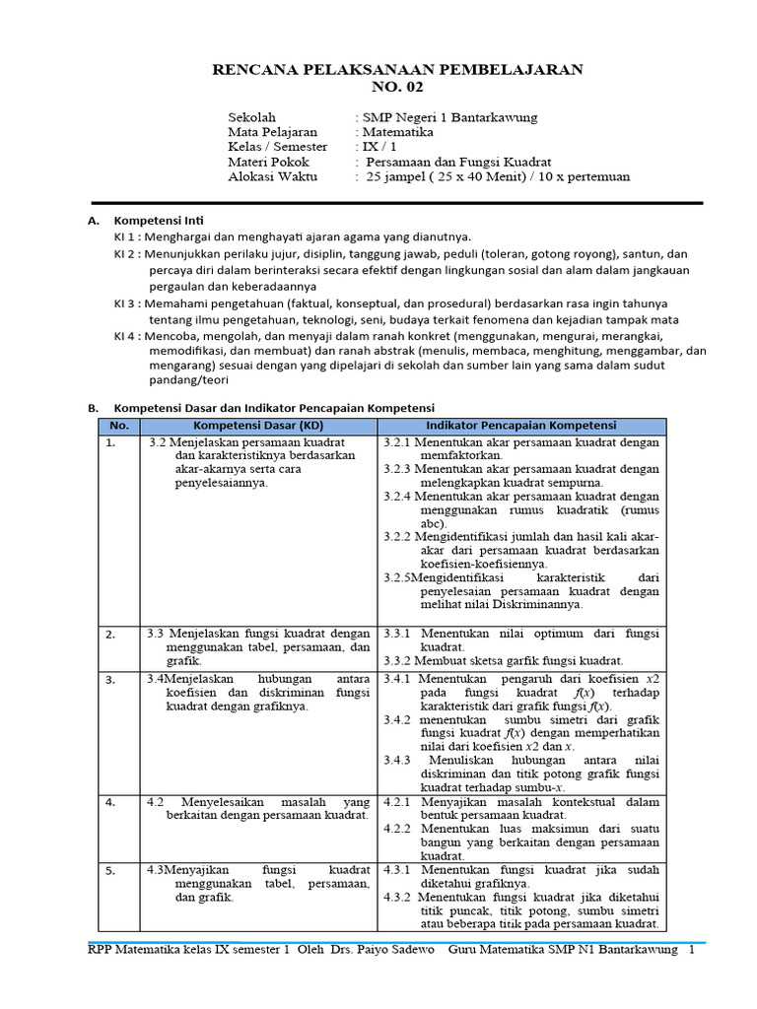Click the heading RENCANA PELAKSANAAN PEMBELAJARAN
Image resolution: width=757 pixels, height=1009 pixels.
tap(398, 69)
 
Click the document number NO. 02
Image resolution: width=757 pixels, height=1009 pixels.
tap(398, 87)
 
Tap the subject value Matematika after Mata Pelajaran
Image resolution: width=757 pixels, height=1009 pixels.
tap(397, 132)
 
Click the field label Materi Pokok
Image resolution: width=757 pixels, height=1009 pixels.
tap(268, 162)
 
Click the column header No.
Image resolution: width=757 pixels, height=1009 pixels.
tap(119, 426)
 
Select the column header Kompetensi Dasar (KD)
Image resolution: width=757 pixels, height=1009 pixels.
tap(258, 426)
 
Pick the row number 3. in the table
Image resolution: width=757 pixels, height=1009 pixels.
tap(110, 679)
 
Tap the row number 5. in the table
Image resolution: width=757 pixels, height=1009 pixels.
tap(110, 870)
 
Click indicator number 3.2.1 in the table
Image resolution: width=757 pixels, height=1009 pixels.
tap(399, 442)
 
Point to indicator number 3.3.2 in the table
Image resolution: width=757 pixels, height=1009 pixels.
tap(399, 660)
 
